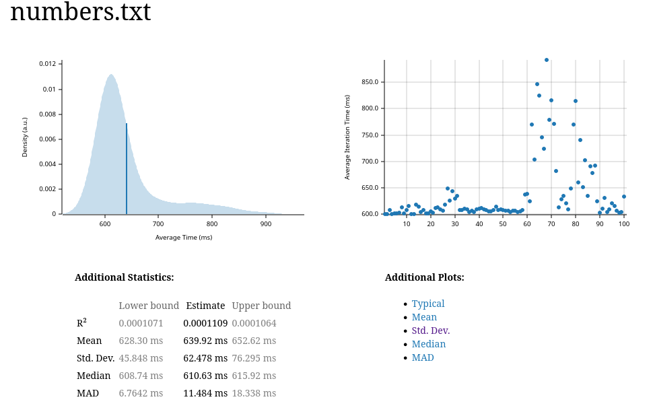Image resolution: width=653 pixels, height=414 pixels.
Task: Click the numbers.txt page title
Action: click(80, 12)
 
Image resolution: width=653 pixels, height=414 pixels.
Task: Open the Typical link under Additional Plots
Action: click(428, 304)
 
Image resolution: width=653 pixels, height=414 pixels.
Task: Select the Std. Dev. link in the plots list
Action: click(430, 331)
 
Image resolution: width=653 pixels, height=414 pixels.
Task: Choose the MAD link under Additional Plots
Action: click(423, 357)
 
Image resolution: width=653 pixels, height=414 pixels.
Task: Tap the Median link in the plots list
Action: click(428, 344)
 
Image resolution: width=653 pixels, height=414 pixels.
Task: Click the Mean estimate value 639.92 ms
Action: click(205, 341)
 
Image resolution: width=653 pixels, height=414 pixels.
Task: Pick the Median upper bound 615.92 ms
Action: click(254, 376)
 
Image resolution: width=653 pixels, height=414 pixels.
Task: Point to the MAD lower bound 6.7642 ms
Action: click(141, 393)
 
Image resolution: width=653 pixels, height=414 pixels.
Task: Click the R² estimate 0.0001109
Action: click(205, 323)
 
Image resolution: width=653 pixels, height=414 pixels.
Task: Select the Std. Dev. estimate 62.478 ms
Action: click(205, 358)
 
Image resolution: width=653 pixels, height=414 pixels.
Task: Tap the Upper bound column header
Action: click(261, 306)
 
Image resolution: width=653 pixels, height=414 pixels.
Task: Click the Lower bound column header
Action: click(149, 306)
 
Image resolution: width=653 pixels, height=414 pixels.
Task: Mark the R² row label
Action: click(81, 323)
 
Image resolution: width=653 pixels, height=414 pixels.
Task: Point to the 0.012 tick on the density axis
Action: click(47, 64)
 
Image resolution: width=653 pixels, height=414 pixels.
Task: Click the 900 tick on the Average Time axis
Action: click(266, 224)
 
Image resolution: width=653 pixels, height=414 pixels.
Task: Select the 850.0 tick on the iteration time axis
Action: click(370, 82)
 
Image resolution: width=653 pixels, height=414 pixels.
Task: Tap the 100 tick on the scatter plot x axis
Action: click(624, 224)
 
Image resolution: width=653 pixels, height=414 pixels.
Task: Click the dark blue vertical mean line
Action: click(127, 168)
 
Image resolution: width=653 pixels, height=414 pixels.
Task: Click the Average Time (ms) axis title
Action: click(184, 238)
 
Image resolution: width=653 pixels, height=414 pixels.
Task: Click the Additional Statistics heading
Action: click(124, 277)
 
